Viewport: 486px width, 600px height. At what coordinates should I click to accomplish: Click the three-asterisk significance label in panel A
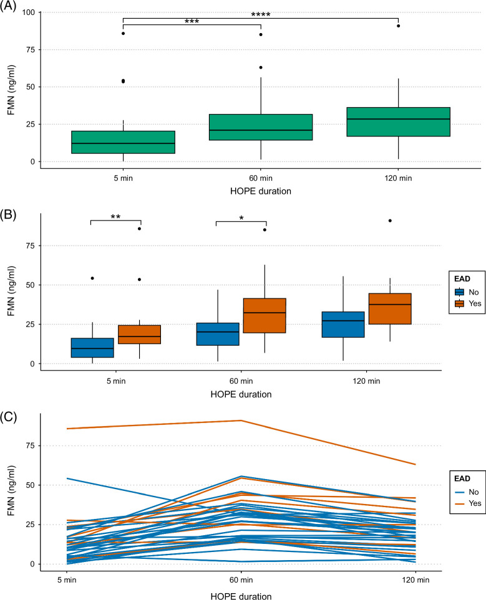click(x=192, y=21)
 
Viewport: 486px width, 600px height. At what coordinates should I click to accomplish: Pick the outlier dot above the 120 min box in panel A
click(x=398, y=26)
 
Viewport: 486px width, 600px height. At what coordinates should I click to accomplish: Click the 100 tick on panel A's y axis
click(x=28, y=12)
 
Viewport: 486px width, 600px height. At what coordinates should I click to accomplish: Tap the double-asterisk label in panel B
click(x=116, y=216)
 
